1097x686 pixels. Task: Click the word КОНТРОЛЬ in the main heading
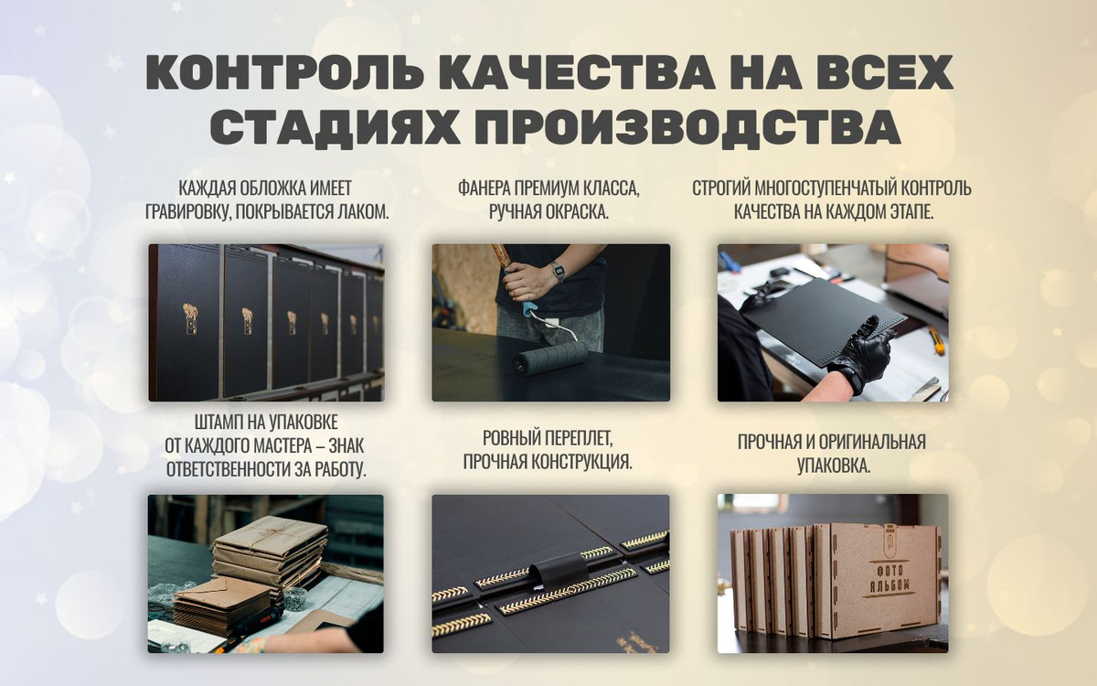pyautogui.click(x=285, y=71)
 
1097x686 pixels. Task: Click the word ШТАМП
pyautogui.click(x=218, y=422)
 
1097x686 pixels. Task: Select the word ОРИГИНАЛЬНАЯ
pyautogui.click(x=870, y=442)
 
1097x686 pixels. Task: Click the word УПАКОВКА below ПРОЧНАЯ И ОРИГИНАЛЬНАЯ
pyautogui.click(x=834, y=466)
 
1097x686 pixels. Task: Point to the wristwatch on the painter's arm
pyautogui.click(x=557, y=271)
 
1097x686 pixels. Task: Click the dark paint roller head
pyautogui.click(x=550, y=359)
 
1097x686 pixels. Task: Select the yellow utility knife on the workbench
pyautogui.click(x=937, y=340)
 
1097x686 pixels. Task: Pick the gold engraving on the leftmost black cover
pyautogui.click(x=190, y=318)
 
